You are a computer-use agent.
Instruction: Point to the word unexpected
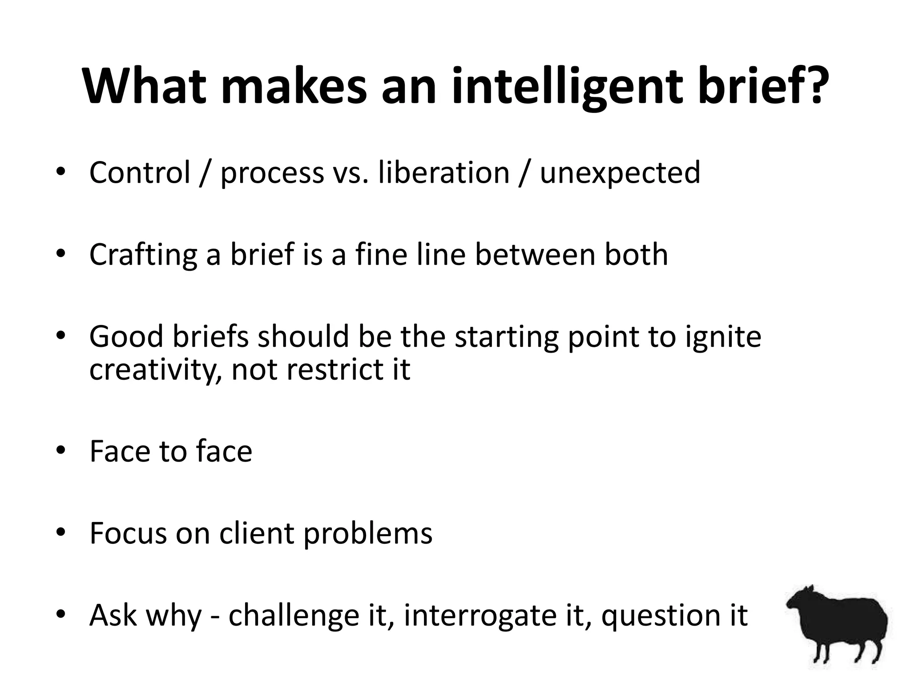pyautogui.click(x=620, y=173)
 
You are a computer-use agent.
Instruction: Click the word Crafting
pyautogui.click(x=143, y=255)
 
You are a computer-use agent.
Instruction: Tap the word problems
pyautogui.click(x=368, y=534)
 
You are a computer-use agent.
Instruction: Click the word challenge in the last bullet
pyautogui.click(x=294, y=616)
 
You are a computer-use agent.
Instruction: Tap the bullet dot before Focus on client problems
pyautogui.click(x=61, y=532)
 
